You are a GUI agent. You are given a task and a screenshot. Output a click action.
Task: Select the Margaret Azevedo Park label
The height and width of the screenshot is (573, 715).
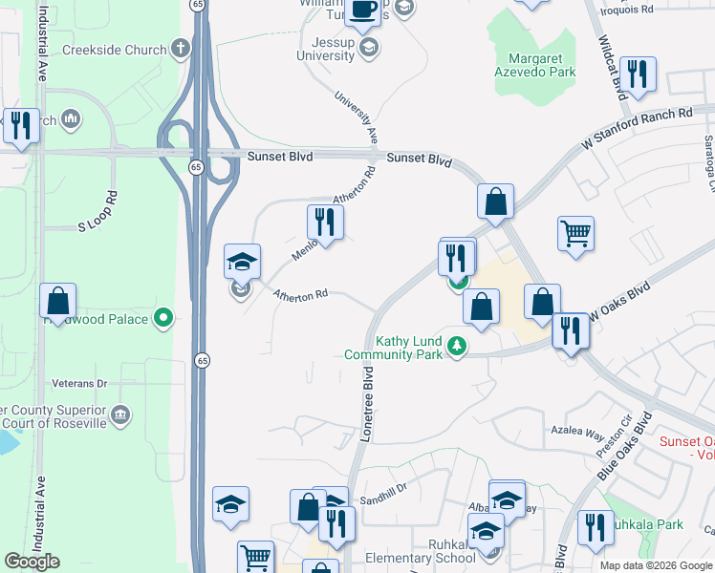coord(534,65)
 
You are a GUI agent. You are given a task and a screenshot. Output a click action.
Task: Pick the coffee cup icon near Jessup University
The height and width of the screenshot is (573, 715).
coord(362,11)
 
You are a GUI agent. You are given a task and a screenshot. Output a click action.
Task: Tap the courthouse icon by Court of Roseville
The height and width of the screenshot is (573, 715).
coord(120,414)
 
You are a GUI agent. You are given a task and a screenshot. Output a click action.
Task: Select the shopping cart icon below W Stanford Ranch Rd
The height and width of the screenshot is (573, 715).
coord(575,232)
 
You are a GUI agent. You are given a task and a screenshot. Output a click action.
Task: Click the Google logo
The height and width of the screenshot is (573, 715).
coord(32,562)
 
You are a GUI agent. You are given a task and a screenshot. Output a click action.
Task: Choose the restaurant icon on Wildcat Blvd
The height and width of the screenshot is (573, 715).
coord(636,73)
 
